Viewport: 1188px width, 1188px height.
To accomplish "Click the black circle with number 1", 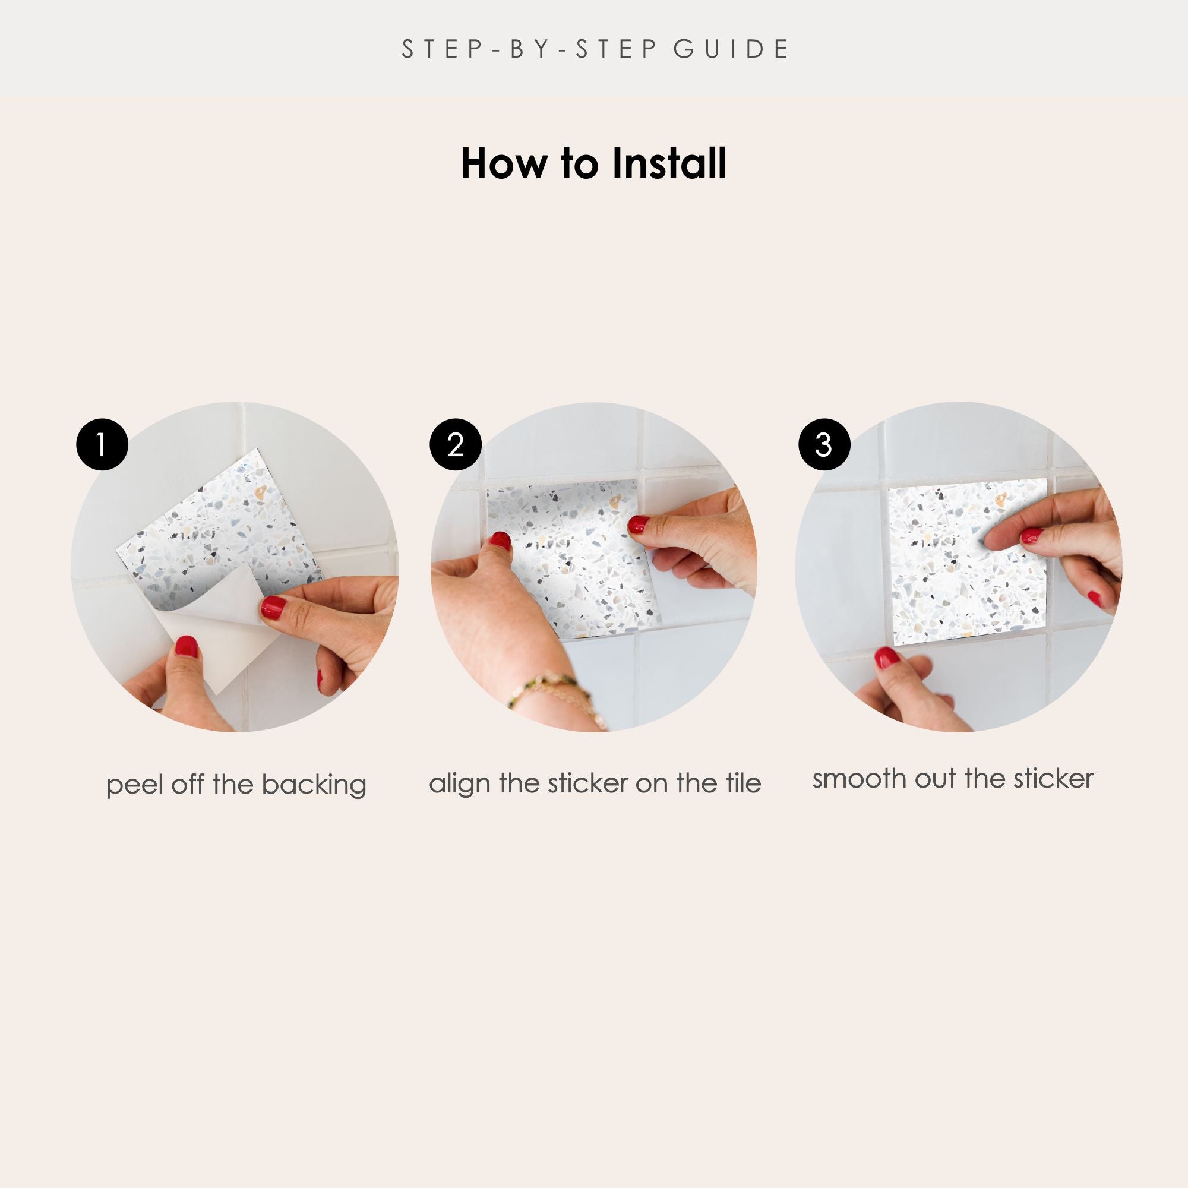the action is pyautogui.click(x=102, y=444).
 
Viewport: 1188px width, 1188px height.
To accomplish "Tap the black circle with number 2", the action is pyautogui.click(x=456, y=444).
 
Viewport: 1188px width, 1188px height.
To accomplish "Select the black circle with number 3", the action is pyautogui.click(x=824, y=444).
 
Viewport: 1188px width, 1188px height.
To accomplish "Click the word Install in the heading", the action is pyautogui.click(x=669, y=163).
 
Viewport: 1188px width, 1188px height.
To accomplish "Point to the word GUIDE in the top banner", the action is pyautogui.click(x=731, y=49).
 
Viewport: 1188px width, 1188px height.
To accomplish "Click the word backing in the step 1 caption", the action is pyautogui.click(x=314, y=785).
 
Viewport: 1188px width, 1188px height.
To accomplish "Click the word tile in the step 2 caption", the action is pyautogui.click(x=743, y=783).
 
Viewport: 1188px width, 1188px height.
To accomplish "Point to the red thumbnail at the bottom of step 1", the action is pyautogui.click(x=187, y=646).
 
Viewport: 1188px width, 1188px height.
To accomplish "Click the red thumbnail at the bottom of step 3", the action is pyautogui.click(x=887, y=658).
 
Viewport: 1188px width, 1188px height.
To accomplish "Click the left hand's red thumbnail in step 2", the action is pyautogui.click(x=501, y=541).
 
